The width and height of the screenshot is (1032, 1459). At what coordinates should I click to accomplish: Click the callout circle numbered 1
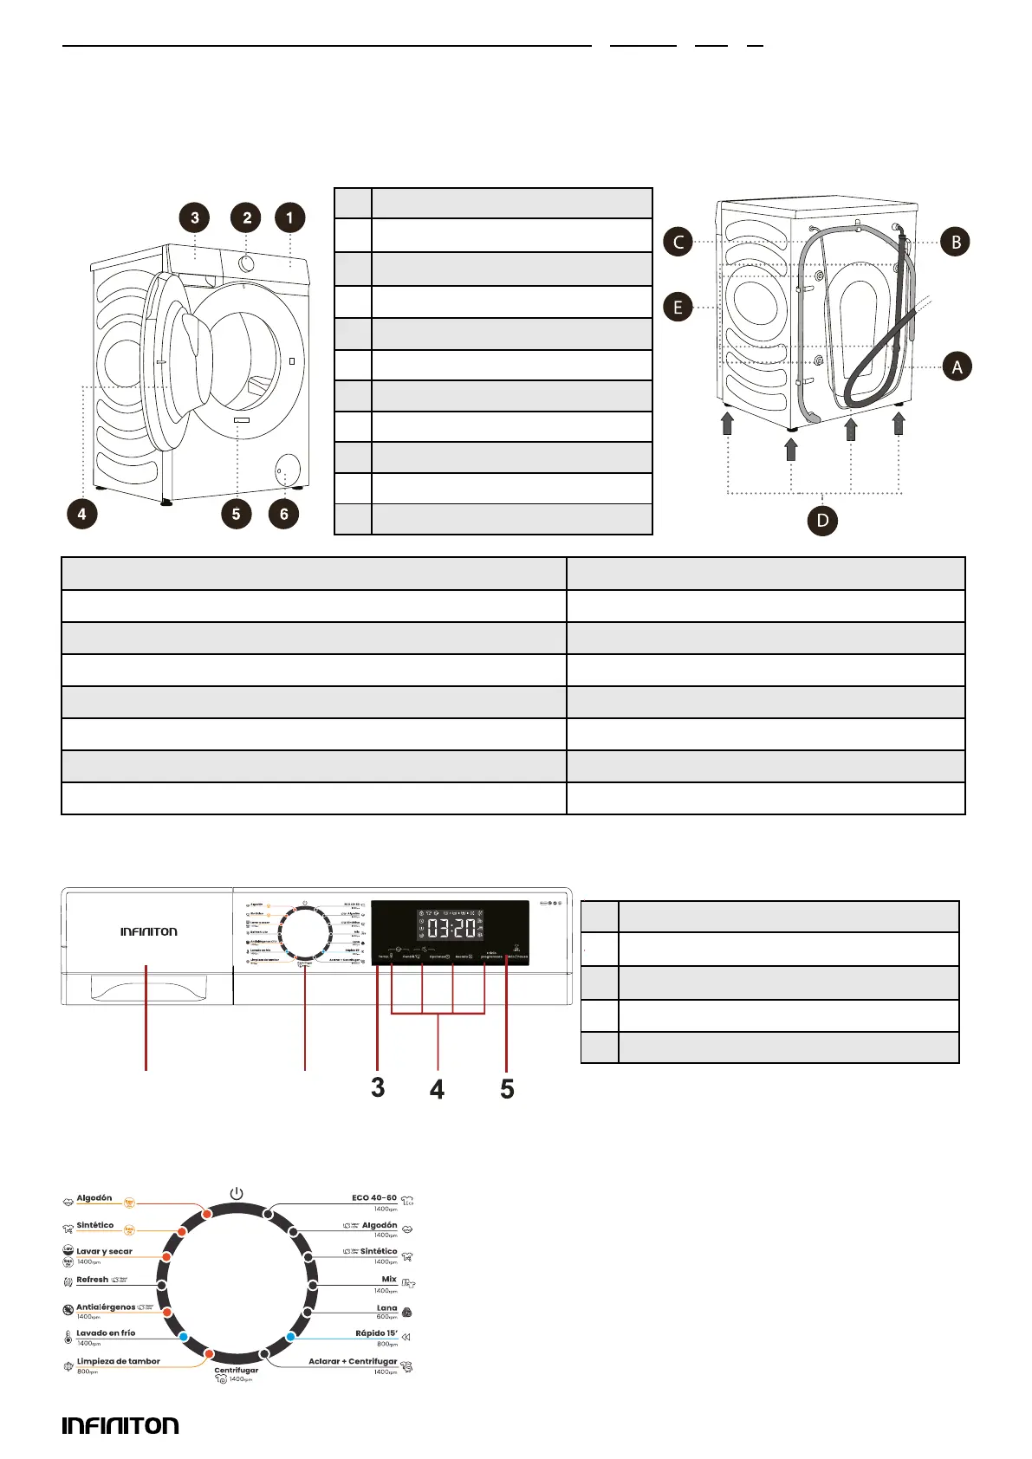289,217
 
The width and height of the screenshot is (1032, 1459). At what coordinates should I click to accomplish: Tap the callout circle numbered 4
81,514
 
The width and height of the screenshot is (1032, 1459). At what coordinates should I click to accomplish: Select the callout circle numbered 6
283,514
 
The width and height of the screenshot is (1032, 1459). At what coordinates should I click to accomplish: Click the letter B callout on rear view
956,242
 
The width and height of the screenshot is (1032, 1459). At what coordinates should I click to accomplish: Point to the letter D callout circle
822,521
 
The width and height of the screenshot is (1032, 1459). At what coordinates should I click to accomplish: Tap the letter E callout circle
678,307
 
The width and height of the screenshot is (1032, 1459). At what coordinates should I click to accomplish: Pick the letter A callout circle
957,366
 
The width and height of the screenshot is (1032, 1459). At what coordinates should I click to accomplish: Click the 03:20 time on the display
451,928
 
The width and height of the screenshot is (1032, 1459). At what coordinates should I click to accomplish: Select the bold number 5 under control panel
507,1089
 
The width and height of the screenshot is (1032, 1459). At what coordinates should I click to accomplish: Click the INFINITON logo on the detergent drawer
149,931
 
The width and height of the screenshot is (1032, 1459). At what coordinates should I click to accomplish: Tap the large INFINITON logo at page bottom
120,1425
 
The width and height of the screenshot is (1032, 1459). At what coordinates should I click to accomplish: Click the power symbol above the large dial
237,1193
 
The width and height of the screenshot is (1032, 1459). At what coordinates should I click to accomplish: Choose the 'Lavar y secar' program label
104,1251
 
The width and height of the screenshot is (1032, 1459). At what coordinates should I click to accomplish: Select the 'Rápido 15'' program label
376,1333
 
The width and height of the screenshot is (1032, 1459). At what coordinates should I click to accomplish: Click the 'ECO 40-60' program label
374,1197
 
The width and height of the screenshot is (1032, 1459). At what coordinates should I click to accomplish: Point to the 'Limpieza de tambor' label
118,1361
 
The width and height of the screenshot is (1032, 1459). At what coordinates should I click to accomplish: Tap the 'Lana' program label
386,1307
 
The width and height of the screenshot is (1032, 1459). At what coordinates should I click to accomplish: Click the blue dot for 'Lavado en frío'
184,1337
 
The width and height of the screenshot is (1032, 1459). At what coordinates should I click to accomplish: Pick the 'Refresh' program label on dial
93,1280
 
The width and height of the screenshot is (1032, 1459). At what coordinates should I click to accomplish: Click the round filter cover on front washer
288,470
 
